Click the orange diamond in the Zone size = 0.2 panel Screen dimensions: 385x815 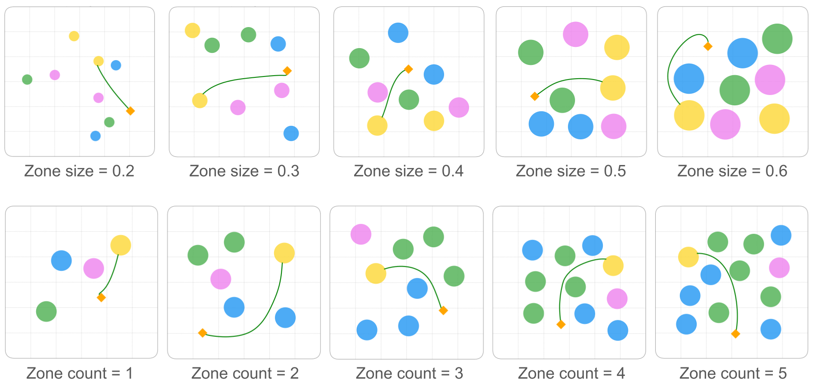(x=130, y=111)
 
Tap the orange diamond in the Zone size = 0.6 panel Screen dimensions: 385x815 (x=707, y=46)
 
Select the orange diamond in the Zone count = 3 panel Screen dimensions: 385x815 (x=443, y=310)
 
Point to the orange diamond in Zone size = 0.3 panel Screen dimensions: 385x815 (x=287, y=71)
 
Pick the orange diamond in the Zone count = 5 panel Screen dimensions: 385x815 (x=735, y=334)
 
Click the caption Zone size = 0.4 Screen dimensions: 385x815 (x=408, y=171)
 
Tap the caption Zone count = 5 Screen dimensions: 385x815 (x=733, y=373)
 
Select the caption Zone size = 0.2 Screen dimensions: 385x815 (x=79, y=171)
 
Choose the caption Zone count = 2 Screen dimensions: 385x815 (x=245, y=373)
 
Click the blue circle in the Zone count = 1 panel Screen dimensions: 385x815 (x=62, y=260)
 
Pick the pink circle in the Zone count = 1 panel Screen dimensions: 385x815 (x=93, y=269)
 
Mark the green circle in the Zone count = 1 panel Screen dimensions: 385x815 (x=46, y=312)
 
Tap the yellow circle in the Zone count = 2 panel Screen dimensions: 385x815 (x=284, y=253)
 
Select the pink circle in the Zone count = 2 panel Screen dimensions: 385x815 (x=221, y=279)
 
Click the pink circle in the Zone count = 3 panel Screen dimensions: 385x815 (x=361, y=234)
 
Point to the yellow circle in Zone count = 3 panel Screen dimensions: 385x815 (x=376, y=273)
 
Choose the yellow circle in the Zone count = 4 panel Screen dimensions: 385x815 (x=613, y=266)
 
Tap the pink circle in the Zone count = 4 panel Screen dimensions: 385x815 (x=617, y=299)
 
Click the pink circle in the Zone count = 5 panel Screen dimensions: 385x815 (x=779, y=268)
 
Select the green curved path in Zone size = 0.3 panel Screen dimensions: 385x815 (x=241, y=79)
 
